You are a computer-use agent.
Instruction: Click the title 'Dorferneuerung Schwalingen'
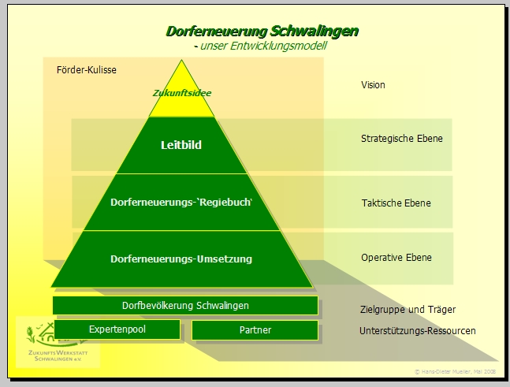tap(262, 32)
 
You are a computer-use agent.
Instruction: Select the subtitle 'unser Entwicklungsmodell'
tap(263, 47)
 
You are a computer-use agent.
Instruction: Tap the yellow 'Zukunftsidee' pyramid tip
tap(182, 93)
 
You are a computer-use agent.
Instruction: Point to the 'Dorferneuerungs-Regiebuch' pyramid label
tap(182, 203)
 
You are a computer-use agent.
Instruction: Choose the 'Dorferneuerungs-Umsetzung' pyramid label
tap(181, 258)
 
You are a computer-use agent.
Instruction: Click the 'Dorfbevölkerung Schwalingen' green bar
tap(185, 306)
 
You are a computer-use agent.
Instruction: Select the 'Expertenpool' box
tap(117, 329)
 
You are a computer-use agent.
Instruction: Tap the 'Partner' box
tap(255, 330)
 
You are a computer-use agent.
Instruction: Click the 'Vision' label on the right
tap(373, 85)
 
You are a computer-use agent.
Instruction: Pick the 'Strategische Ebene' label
tap(401, 139)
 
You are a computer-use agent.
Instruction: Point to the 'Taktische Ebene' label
tap(396, 203)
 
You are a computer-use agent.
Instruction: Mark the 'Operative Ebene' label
tap(396, 258)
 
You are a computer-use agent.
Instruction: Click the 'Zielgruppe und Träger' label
tap(408, 310)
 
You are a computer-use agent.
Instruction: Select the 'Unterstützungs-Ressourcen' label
tap(417, 331)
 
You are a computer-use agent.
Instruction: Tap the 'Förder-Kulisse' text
tap(87, 70)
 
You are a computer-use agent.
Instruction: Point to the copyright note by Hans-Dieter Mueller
tap(454, 370)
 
